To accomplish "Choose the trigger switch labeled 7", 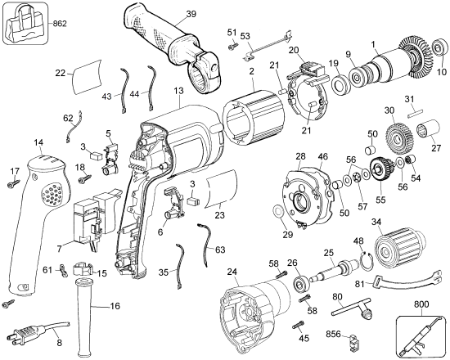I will (x=88, y=221).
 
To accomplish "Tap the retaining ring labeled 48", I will (x=368, y=263).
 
